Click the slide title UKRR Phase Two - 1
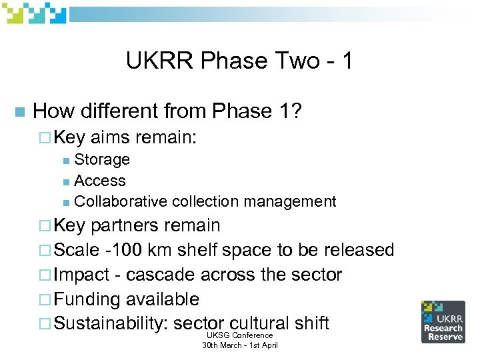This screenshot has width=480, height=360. pos(239,61)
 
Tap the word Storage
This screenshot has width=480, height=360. pos(102,159)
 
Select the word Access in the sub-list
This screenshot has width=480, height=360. pos(100,181)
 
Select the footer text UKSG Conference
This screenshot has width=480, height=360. pos(240,335)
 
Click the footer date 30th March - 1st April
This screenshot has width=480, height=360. pos(240,345)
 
